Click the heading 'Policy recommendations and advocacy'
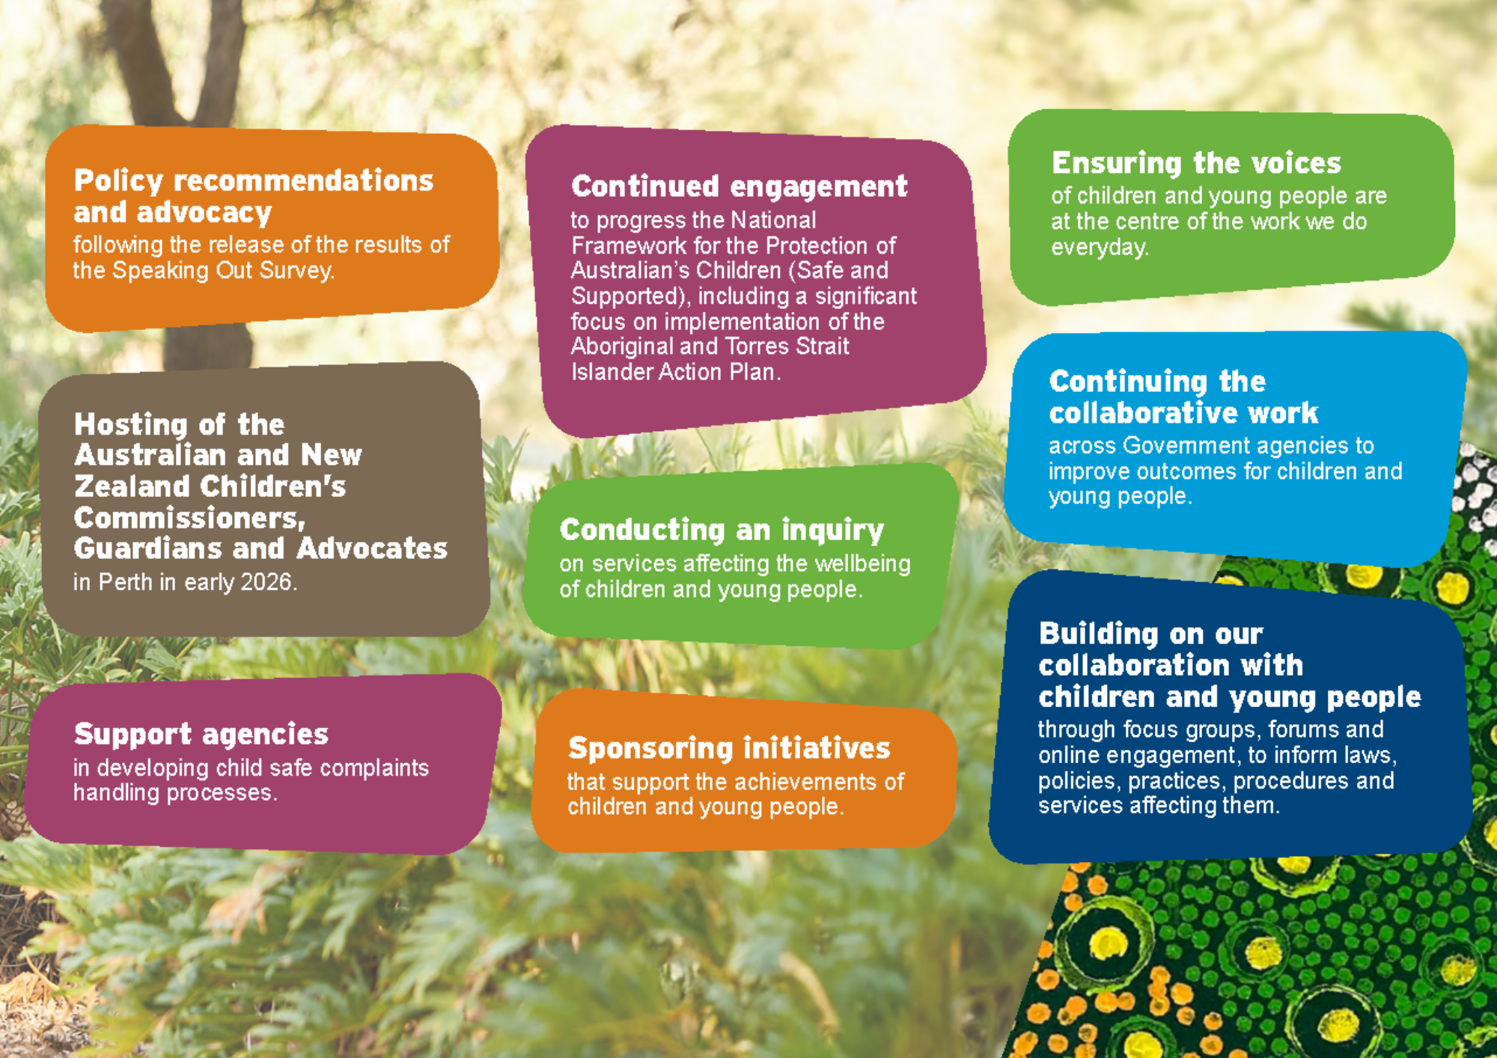coord(254,196)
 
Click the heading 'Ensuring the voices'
coord(1196,163)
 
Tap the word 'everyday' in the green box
coord(1098,248)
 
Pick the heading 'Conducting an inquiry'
coord(722,530)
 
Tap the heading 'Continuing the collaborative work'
coord(1183,397)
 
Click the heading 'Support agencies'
coord(201,735)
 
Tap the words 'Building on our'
coord(1151,635)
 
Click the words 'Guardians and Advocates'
coord(260,548)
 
